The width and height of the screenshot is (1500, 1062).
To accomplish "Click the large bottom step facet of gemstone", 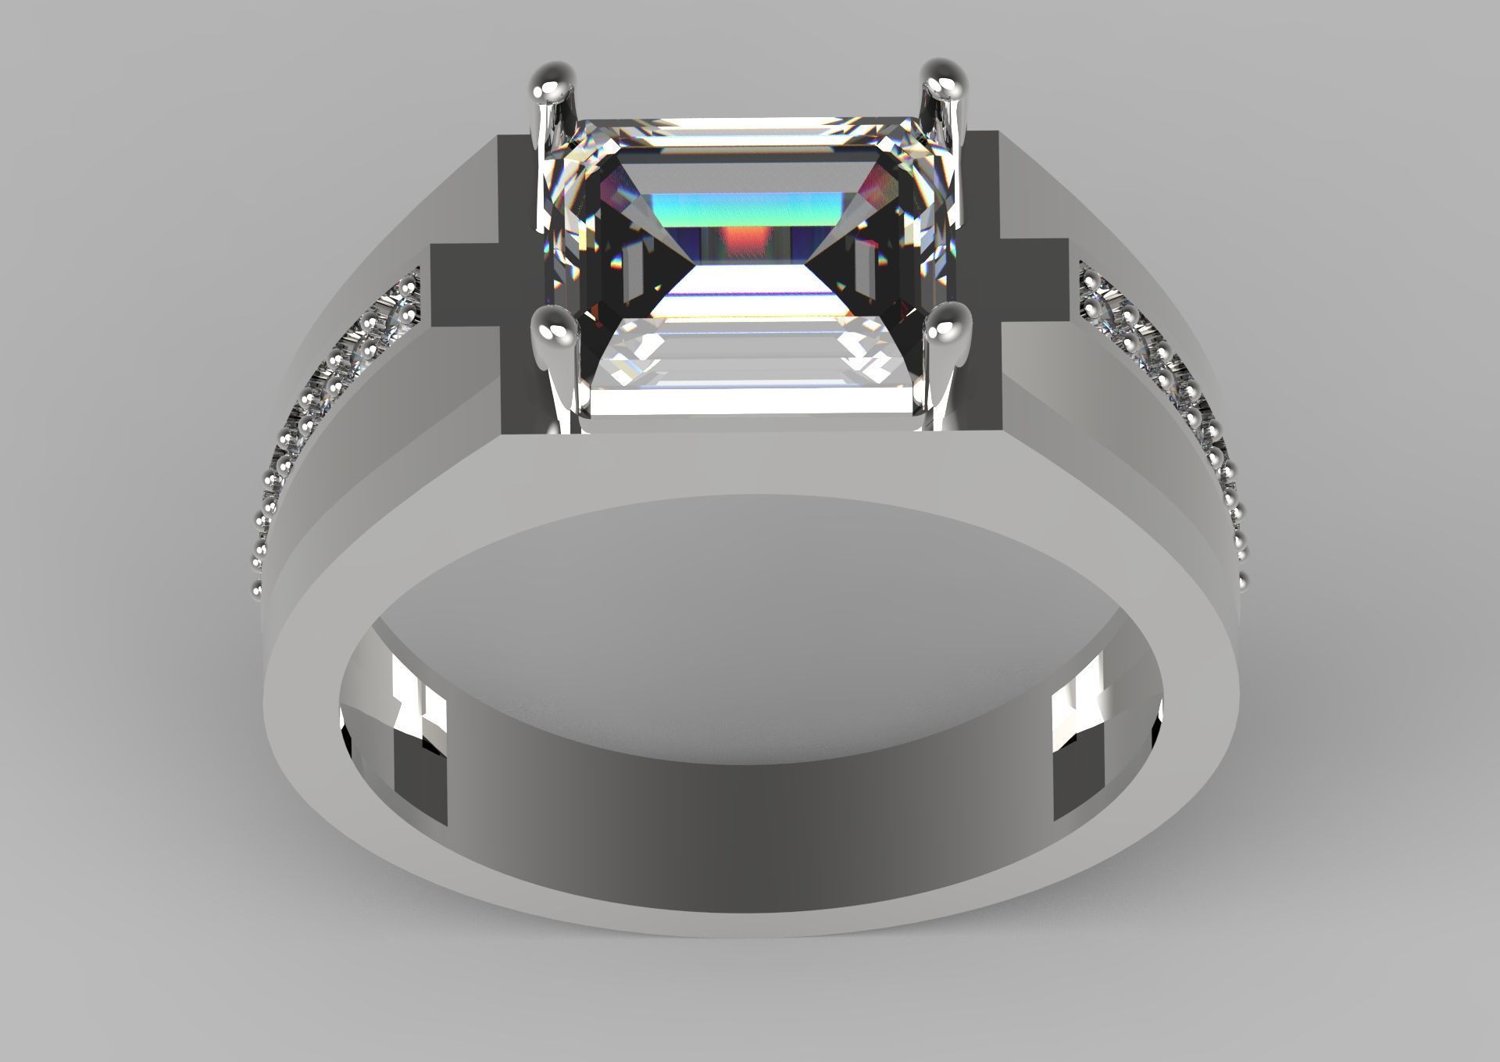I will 750,399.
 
